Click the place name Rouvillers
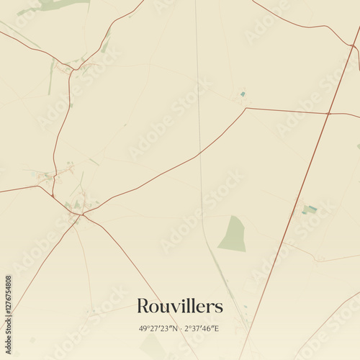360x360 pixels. [180, 306]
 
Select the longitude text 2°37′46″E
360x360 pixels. [203, 328]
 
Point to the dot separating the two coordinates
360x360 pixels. [180, 328]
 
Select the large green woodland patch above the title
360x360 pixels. [233, 235]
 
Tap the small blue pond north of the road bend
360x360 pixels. [243, 94]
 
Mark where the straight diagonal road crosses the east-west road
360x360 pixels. [328, 113]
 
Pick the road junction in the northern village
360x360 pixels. [73, 69]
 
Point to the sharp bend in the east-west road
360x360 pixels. [246, 109]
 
